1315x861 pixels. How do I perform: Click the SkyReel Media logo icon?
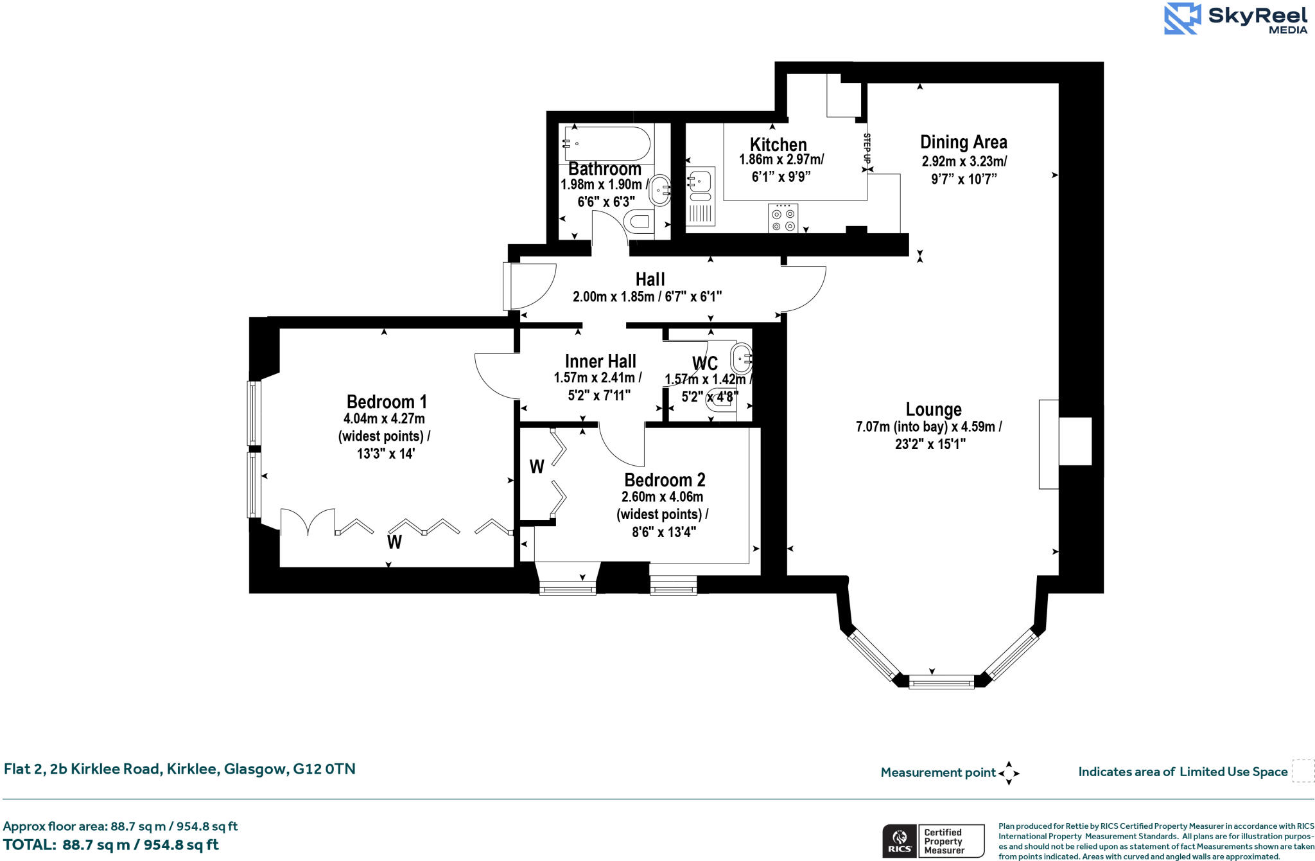pos(1182,19)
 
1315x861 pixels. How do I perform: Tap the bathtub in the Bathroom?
pos(606,143)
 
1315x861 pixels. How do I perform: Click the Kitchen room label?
pos(778,145)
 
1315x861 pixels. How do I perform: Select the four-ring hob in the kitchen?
pos(783,218)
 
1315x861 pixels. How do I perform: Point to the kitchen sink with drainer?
pos(701,196)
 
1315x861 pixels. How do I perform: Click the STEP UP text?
pos(867,152)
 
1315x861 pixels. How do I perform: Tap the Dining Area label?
pos(963,142)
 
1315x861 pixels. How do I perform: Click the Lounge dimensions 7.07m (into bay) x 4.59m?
pos(929,427)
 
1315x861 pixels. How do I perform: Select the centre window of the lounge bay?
pos(941,682)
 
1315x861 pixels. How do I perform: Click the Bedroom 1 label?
pos(387,402)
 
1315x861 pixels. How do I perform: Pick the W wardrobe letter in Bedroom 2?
pos(537,466)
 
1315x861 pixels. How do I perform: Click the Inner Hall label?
pos(600,361)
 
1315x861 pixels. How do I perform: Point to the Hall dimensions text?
pos(647,297)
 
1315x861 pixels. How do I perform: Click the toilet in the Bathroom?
pos(640,222)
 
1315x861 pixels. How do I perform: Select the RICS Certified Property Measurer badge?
pos(933,840)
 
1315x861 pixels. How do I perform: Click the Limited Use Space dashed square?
pos(1303,771)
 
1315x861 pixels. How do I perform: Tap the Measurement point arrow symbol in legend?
pos(1009,773)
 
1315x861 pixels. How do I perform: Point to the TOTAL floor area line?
pos(111,845)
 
